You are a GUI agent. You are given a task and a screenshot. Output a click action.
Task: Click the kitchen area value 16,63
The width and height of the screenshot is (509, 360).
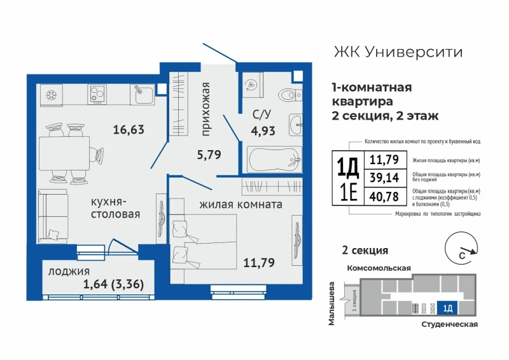[129, 130]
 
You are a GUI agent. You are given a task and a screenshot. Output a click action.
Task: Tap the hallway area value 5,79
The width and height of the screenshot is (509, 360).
[209, 154]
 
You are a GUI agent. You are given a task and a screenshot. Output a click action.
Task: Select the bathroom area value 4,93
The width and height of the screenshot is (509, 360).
[263, 131]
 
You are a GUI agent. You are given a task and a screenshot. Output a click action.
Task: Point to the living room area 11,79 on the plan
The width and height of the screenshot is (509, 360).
[259, 262]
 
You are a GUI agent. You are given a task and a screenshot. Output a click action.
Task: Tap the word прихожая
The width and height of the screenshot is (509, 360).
[206, 109]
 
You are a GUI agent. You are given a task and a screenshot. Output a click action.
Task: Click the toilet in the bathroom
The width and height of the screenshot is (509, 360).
[290, 95]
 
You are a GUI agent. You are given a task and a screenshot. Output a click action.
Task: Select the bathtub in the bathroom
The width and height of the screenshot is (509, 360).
[274, 159]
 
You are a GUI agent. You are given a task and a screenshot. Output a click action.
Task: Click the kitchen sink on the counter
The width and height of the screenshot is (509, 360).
[143, 94]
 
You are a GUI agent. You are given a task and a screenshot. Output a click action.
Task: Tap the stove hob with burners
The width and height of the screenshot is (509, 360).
[97, 94]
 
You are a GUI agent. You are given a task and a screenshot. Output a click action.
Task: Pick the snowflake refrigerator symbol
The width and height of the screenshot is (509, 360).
[52, 95]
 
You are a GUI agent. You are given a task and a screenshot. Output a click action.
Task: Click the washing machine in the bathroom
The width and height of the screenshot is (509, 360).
[253, 85]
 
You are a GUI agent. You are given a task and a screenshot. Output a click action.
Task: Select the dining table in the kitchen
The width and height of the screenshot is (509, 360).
[64, 153]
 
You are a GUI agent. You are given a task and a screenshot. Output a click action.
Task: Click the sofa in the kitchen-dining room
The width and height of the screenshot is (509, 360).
[53, 216]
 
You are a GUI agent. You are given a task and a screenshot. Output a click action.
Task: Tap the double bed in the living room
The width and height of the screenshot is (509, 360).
[203, 242]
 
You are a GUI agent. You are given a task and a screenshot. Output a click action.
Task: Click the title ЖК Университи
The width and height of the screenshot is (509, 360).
[398, 52]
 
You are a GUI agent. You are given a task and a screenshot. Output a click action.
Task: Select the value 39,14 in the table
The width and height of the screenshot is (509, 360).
[384, 177]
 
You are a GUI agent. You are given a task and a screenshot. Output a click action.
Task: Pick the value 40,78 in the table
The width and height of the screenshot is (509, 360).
[384, 197]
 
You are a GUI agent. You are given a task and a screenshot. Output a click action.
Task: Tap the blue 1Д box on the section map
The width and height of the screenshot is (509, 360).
[447, 308]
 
